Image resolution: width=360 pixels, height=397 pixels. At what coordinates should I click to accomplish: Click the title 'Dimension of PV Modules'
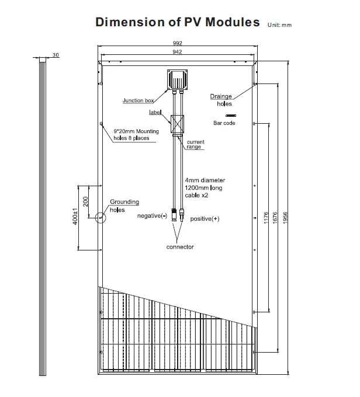tap(177, 22)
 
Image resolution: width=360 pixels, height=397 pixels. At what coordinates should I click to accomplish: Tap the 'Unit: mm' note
tap(279, 25)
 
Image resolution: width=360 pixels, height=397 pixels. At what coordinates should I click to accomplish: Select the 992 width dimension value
tap(178, 43)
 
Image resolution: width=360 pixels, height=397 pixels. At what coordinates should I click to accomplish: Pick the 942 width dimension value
tap(178, 52)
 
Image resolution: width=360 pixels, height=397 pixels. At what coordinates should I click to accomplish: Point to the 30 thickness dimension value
tap(56, 55)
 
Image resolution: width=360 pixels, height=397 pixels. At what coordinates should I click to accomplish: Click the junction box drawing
tap(178, 78)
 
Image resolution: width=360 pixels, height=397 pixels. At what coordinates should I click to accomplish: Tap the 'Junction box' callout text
tap(138, 101)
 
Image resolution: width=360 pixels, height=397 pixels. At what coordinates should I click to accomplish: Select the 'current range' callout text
tap(195, 144)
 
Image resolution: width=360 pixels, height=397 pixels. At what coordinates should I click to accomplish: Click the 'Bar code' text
tap(224, 123)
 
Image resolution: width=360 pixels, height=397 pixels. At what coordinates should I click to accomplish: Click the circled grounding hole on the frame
tap(101, 218)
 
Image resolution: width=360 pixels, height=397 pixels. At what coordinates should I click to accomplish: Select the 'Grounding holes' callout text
tap(124, 206)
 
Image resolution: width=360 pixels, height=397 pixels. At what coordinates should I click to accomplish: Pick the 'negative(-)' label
tap(152, 216)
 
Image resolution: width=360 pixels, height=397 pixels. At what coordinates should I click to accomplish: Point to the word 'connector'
tap(180, 247)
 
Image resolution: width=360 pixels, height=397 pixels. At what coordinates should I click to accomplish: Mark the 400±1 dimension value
tap(75, 217)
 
